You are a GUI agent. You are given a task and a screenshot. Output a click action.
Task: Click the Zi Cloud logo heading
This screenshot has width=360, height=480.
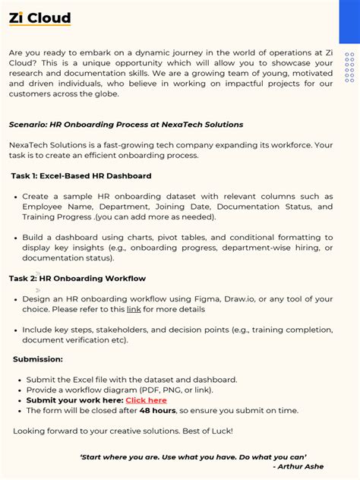[40, 18]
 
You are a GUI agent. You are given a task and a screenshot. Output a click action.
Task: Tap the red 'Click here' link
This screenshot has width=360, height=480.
[146, 400]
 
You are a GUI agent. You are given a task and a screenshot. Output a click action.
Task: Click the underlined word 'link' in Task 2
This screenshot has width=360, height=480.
[134, 310]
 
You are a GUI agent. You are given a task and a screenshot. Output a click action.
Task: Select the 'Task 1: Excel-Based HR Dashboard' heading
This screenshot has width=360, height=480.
[81, 175]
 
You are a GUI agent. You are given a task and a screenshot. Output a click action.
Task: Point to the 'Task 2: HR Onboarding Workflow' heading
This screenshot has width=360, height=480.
[77, 279]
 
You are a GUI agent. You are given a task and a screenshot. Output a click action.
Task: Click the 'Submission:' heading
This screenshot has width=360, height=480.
[38, 359]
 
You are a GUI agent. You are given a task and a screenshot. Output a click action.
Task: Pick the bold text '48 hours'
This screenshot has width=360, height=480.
[156, 411]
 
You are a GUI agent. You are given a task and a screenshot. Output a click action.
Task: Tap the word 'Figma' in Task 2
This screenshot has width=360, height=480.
[208, 299]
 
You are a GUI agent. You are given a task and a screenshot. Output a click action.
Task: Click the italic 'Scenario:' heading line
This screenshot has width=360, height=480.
[126, 125]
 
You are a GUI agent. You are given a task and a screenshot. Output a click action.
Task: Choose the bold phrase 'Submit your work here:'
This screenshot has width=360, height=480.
[74, 400]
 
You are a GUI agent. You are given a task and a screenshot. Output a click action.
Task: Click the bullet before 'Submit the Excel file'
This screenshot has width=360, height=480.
[19, 380]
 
